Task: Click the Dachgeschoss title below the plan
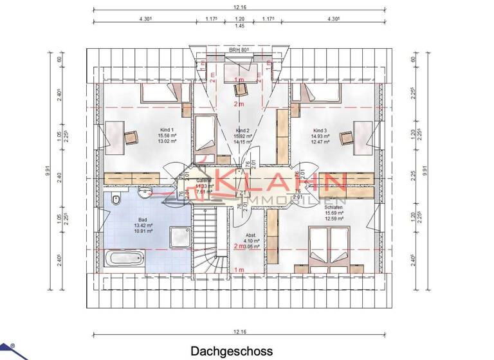(x=231, y=351)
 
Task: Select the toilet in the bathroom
(x=114, y=199)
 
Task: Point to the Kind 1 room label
(x=167, y=130)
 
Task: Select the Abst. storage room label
(x=252, y=235)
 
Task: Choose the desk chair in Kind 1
(x=133, y=136)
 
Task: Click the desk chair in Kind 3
(x=346, y=136)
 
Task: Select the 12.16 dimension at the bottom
(x=240, y=332)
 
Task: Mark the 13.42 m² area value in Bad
(x=143, y=226)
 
